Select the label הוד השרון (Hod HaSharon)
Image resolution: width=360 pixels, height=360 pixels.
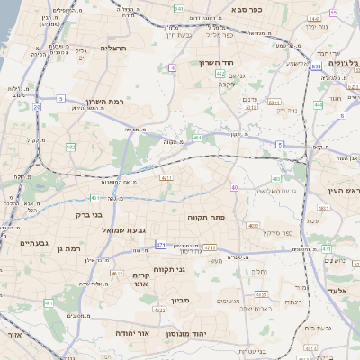coord(217,63)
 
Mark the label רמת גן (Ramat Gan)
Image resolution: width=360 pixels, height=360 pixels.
coord(67,247)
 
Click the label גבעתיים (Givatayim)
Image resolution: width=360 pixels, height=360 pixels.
coord(32,242)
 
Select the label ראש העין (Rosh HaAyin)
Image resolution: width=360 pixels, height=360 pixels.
coord(342,190)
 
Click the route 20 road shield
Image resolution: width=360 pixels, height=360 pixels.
coord(37,106)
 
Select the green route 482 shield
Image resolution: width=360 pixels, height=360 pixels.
coord(70,147)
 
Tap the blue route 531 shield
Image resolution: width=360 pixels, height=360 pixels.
coord(316,67)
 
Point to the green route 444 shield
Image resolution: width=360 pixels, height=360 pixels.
coord(318,104)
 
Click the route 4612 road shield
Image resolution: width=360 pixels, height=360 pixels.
coord(117,273)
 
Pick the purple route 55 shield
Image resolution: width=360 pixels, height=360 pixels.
coord(333,13)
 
